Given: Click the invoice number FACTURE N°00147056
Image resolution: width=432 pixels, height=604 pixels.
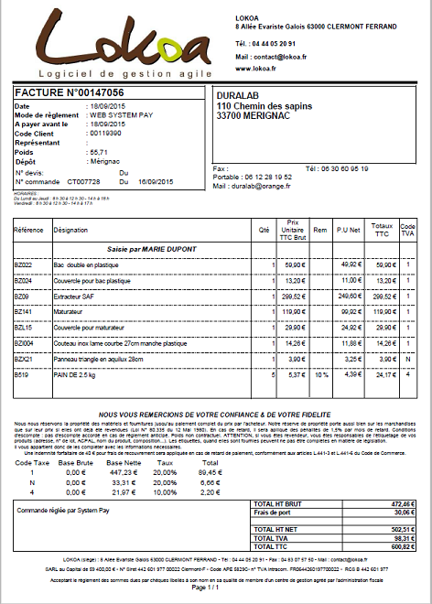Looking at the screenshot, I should [x=70, y=93].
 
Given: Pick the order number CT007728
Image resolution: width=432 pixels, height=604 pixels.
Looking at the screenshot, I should [x=83, y=181].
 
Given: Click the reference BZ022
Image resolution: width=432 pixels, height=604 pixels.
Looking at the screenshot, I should [x=24, y=264].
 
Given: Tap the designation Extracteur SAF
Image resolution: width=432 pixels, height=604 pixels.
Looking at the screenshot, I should [x=79, y=296].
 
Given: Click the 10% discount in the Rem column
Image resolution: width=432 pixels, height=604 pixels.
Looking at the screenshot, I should [x=319, y=373].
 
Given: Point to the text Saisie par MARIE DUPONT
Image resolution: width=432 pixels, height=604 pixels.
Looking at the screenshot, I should [x=149, y=249].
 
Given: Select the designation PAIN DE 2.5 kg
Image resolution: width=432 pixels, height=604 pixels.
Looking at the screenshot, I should [x=77, y=373].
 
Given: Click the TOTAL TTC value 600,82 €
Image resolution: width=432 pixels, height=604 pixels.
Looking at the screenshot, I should [x=403, y=547].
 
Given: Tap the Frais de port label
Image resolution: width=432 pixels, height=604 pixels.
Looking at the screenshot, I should [x=272, y=513].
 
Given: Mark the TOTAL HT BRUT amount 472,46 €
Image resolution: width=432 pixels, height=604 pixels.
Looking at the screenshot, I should [x=403, y=504].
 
